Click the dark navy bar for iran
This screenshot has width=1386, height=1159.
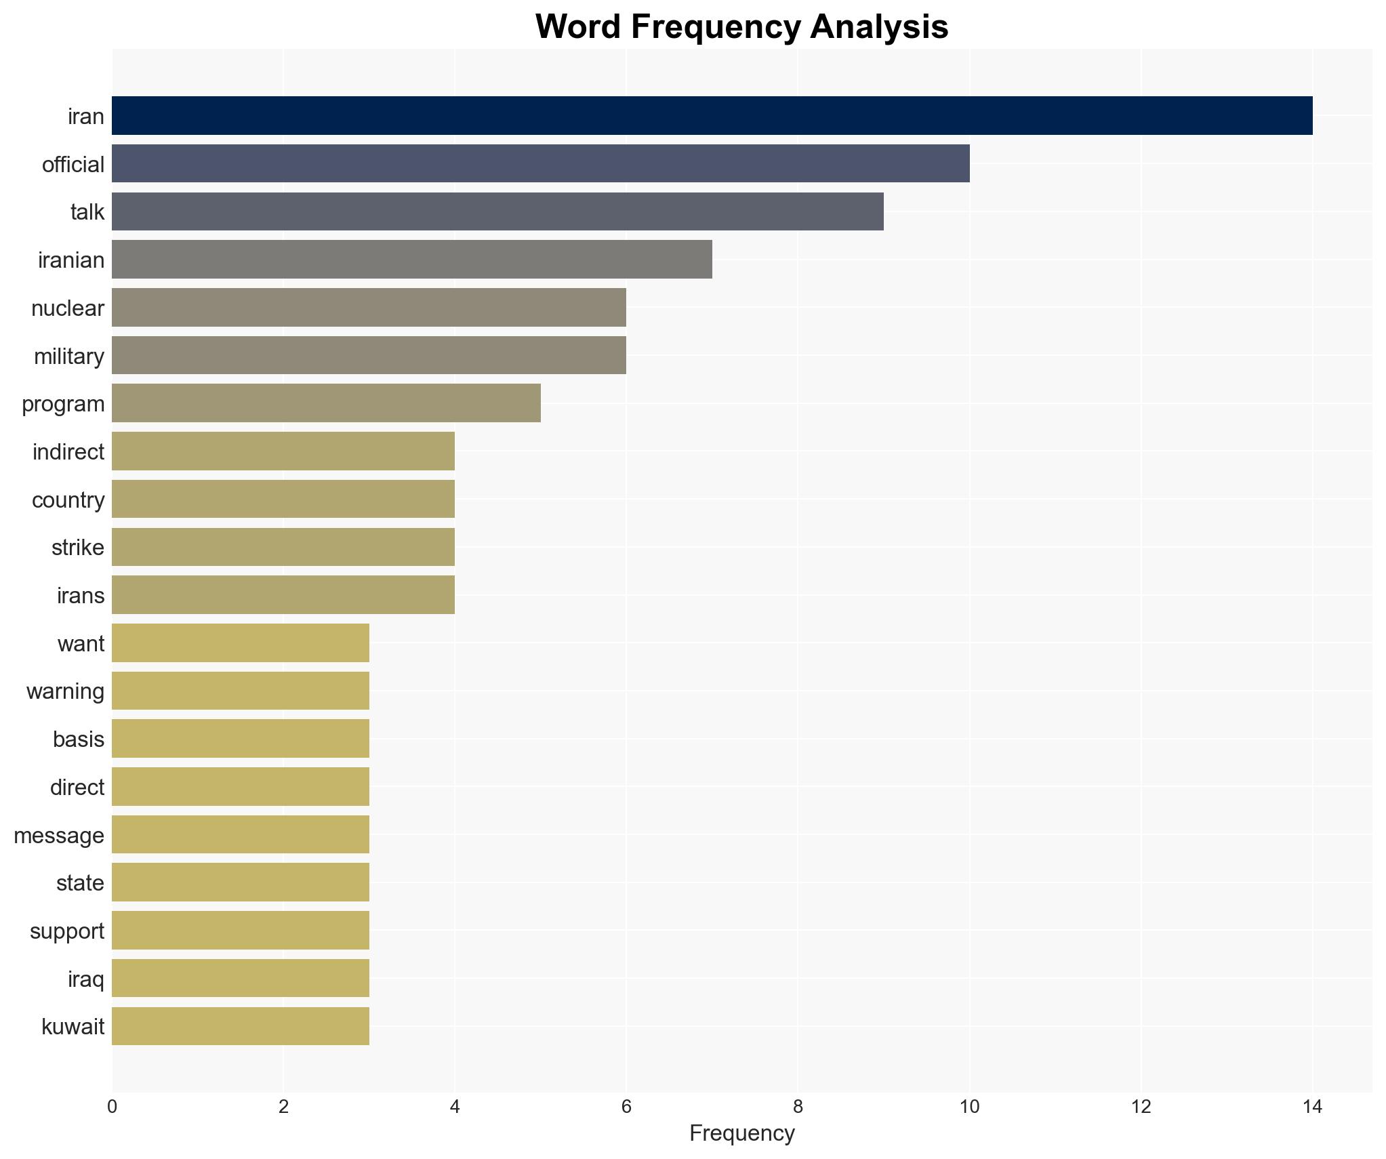click(x=712, y=116)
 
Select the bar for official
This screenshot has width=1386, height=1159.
click(x=540, y=163)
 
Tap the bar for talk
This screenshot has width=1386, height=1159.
click(x=497, y=211)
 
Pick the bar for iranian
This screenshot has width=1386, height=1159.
click(x=411, y=260)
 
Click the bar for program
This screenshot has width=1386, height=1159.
click(x=326, y=403)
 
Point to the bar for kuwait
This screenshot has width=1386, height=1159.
click(x=240, y=1026)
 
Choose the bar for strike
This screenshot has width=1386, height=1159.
click(x=283, y=547)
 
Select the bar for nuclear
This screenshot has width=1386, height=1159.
click(x=369, y=308)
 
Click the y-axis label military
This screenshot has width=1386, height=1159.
click(x=69, y=357)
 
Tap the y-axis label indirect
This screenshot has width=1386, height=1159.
click(x=68, y=452)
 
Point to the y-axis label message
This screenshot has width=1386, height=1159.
click(x=59, y=836)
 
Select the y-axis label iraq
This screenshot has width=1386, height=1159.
click(x=86, y=979)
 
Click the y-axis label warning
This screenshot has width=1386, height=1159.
click(x=65, y=692)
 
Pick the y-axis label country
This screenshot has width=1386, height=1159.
click(x=68, y=500)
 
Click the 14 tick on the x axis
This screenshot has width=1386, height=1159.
click(x=1312, y=1107)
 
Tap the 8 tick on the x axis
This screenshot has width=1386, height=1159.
click(x=798, y=1107)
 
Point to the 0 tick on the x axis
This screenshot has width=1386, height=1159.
click(x=112, y=1107)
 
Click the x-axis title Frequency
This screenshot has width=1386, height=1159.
click(x=741, y=1134)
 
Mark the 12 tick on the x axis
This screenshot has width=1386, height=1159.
click(x=1141, y=1107)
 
